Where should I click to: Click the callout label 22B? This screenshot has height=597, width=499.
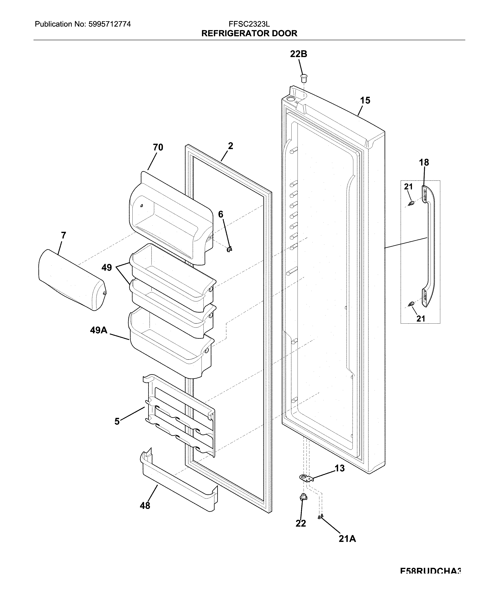(298, 54)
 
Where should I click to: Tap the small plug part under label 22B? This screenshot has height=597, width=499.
(304, 77)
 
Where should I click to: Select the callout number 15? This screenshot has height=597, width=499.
(365, 100)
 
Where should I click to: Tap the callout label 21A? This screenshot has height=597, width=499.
(347, 538)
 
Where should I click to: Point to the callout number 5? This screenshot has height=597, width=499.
(117, 421)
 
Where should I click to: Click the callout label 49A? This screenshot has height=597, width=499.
(98, 330)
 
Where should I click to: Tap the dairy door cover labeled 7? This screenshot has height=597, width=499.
(71, 280)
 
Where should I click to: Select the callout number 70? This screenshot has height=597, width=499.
(158, 147)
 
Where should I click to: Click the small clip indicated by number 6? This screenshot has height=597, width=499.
(229, 249)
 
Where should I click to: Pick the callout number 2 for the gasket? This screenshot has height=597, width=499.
(230, 146)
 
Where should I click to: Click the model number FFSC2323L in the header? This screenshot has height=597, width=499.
(249, 24)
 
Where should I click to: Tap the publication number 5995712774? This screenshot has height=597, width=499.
(110, 24)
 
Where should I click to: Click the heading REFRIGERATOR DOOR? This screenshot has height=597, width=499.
(249, 33)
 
